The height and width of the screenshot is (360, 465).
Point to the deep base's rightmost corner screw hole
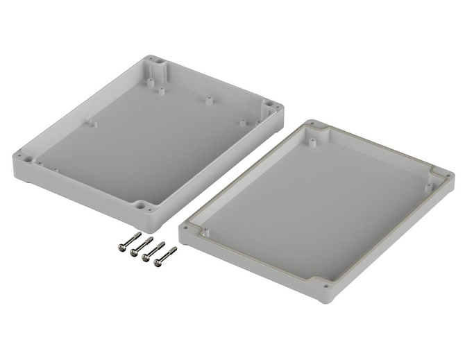coord(277,108)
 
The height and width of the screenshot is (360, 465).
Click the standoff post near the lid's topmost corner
coord(314,142)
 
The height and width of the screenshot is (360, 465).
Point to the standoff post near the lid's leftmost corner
coord(205,230)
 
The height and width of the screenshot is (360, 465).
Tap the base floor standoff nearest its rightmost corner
coord(242,123)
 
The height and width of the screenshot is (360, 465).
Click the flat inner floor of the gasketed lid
coord(312,208)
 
